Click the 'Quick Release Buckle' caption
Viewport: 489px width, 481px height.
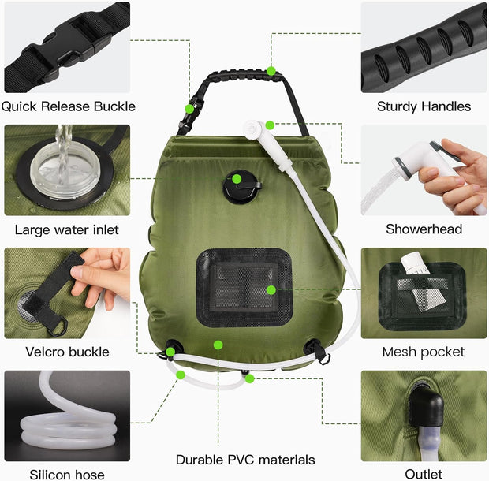coord(68,106)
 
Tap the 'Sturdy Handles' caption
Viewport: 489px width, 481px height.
coord(424,106)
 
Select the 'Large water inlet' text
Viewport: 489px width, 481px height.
coord(66,230)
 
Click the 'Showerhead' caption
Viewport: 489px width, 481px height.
coord(424,229)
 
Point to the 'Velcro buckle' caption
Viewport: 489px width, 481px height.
coord(67,352)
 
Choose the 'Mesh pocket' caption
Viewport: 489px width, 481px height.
coord(424,352)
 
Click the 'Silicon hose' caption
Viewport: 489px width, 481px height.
coord(66,474)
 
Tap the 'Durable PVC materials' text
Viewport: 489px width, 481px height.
coord(245,460)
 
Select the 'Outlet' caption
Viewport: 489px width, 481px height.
coord(424,474)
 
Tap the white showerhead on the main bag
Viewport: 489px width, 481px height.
coord(257,129)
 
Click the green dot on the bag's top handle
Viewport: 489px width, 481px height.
coord(271,71)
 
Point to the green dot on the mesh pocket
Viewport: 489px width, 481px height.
coord(271,290)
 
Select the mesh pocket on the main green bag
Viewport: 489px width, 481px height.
coord(244,287)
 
